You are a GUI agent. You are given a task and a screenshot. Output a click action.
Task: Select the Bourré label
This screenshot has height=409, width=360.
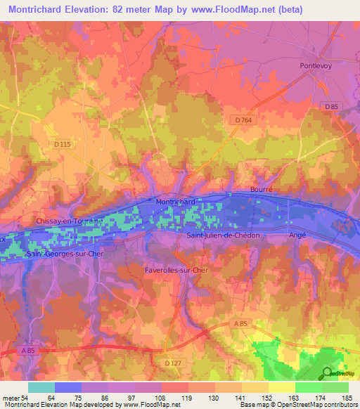pos(261,190)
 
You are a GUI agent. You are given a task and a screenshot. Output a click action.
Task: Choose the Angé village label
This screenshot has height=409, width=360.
pos(298,235)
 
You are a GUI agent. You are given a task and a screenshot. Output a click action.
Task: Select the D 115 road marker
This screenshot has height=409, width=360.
pos(63,145)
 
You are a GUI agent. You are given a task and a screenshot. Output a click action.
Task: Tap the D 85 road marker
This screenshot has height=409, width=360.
pos(332,106)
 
